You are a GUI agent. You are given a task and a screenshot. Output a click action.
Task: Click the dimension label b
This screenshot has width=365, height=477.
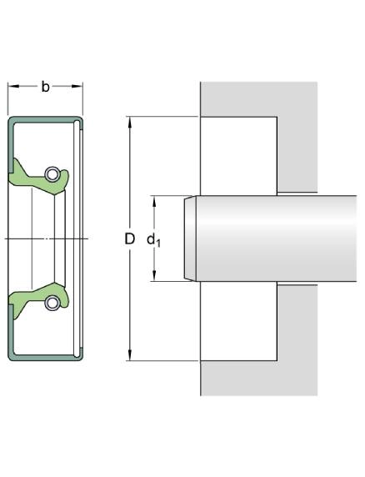45,87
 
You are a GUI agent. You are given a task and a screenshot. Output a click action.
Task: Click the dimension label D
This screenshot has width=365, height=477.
130,238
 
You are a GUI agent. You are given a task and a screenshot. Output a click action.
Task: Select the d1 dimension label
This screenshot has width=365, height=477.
154,240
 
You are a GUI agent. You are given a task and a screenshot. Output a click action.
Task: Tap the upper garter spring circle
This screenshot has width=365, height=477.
52,174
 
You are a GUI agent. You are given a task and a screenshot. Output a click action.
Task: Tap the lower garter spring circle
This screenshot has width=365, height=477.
52,303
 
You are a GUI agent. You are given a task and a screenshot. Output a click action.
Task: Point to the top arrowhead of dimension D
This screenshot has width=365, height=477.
130,122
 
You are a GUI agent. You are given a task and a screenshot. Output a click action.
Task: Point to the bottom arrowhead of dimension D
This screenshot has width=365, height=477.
130,355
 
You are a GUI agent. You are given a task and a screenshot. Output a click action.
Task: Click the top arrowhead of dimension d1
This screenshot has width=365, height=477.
154,201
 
